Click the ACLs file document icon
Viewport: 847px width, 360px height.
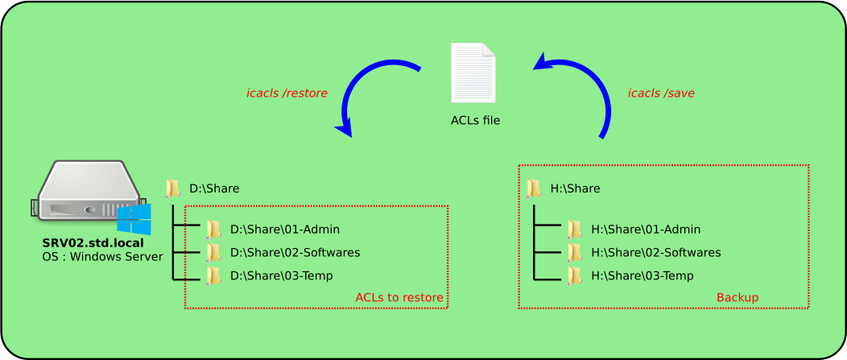coord(473,74)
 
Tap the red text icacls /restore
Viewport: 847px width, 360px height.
coord(287,93)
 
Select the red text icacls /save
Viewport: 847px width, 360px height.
coord(661,93)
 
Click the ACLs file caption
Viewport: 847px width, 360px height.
coord(475,121)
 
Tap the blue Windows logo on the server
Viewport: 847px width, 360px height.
coord(134,219)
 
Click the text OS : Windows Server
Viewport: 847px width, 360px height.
coord(102,256)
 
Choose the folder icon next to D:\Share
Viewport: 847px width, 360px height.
coord(173,188)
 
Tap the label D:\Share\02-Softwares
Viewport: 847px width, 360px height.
coord(295,252)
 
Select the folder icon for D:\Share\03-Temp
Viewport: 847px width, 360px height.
coord(213,275)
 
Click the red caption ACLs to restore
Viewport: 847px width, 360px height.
coord(399,298)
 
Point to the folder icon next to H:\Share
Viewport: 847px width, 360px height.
coord(534,188)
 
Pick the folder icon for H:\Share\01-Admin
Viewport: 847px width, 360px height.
coord(573,230)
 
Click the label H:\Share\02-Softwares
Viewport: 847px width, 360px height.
coord(655,252)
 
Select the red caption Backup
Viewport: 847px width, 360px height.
coord(737,298)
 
